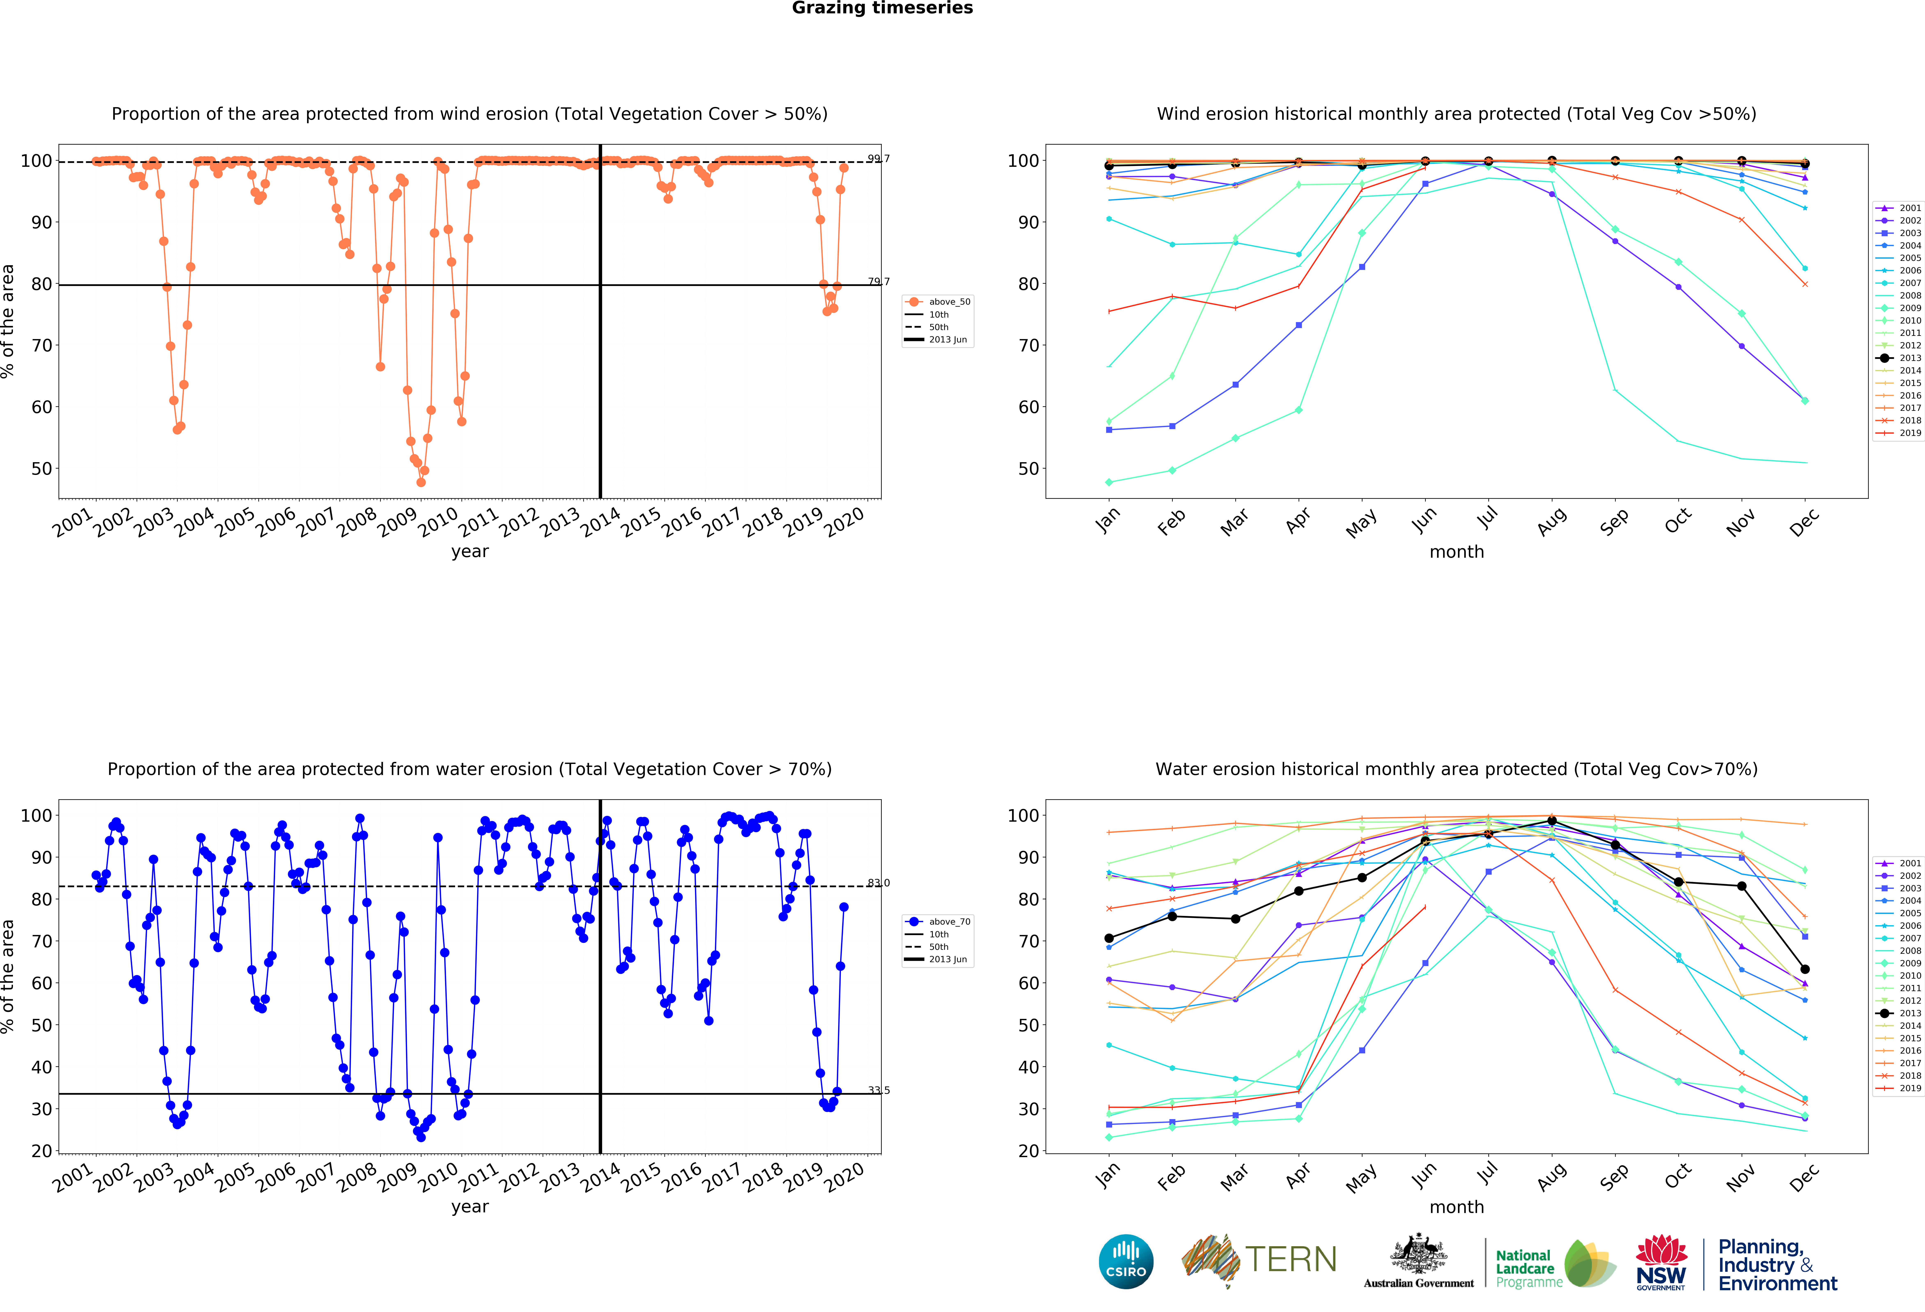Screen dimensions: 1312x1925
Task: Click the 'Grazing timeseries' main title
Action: [x=882, y=8]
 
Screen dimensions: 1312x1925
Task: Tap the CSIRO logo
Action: [x=1126, y=1261]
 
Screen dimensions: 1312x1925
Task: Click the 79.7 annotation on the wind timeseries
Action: [x=879, y=282]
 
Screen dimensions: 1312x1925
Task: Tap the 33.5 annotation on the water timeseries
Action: [x=879, y=1090]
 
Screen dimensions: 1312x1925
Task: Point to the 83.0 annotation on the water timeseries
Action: [x=879, y=883]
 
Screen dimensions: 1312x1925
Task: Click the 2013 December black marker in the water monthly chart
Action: [x=1805, y=969]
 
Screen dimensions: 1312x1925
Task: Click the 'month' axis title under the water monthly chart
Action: [x=1456, y=1207]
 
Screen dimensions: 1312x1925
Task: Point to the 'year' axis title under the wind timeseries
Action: [x=470, y=552]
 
